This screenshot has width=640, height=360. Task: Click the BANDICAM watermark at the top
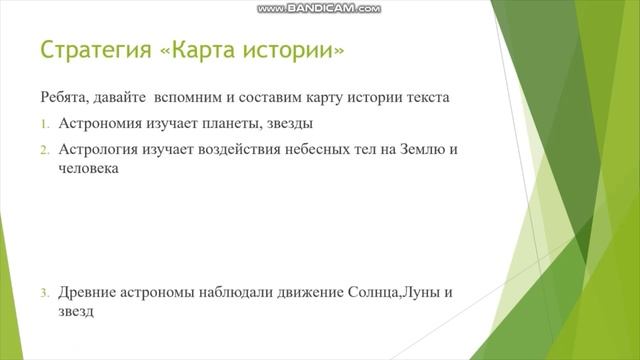tap(319, 8)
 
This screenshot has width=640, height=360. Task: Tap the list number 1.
tap(45, 124)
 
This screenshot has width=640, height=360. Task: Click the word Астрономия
tap(105, 124)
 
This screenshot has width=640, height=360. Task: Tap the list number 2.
tap(45, 150)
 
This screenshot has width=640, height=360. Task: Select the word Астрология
tap(104, 150)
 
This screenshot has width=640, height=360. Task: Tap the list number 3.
tap(45, 293)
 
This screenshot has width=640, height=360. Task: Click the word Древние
tap(88, 293)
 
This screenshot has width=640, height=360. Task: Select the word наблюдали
tap(241, 293)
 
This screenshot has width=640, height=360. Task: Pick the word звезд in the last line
tap(76, 312)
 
